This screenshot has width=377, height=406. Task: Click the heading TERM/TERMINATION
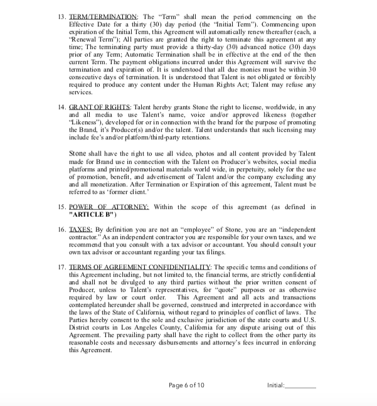click(103, 16)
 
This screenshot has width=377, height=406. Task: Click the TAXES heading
click(80, 230)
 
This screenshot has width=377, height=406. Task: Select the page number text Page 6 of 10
click(186, 385)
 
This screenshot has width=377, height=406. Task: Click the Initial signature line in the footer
click(301, 385)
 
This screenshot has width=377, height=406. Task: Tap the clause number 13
click(60, 16)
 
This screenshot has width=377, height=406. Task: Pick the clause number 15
click(60, 207)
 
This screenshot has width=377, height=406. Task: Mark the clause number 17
click(60, 267)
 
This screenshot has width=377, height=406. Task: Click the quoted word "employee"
click(195, 230)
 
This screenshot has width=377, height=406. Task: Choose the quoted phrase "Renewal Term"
click(92, 39)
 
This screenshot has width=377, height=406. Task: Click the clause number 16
click(60, 230)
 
